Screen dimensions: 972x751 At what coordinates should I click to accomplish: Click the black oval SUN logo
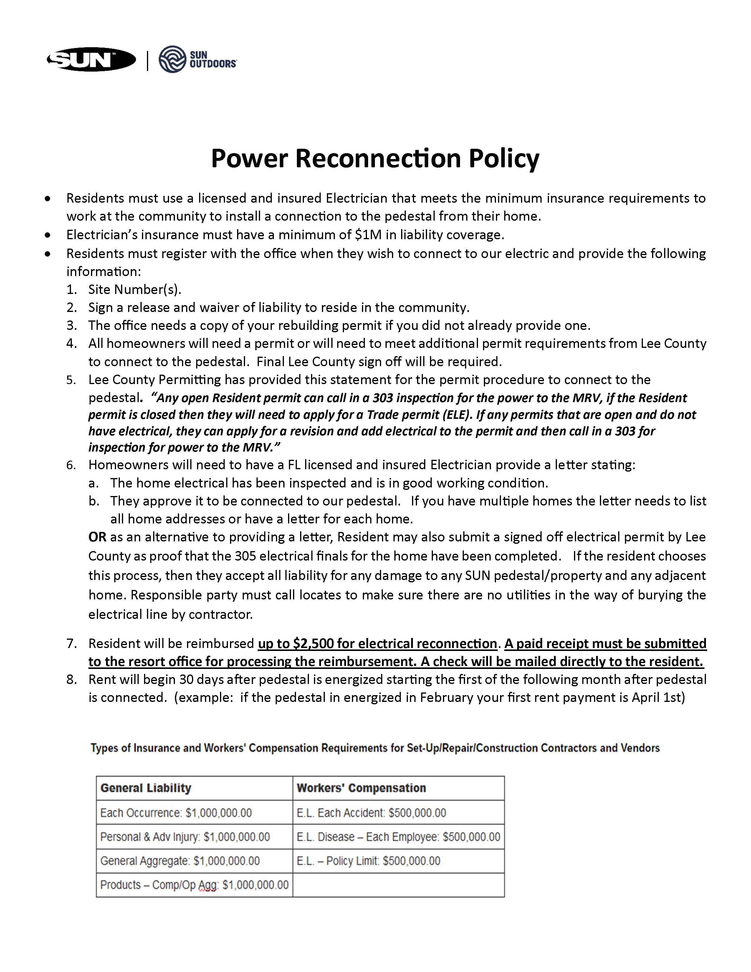point(91,59)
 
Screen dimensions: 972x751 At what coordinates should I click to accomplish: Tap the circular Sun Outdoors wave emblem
point(172,59)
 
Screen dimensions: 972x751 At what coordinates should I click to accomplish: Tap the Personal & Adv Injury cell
point(185,837)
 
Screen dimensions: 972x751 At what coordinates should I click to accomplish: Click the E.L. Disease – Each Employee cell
point(398,837)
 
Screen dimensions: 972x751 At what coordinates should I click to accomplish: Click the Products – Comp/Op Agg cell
point(194,885)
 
